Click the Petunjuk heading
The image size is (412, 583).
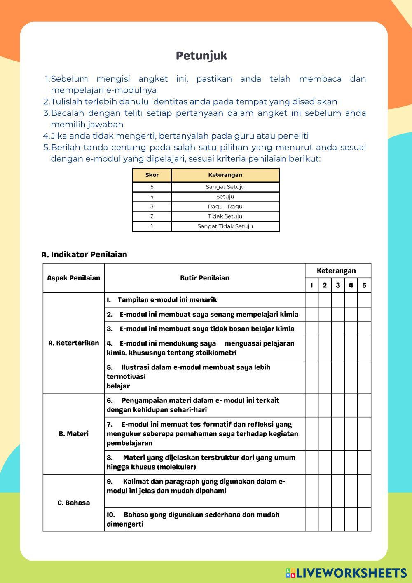201,56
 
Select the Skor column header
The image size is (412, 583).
152,175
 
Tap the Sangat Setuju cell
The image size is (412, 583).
225,187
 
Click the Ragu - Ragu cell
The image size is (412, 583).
225,207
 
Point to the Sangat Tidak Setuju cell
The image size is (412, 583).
225,226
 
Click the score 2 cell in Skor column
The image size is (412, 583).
152,216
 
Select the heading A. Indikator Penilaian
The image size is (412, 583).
84,254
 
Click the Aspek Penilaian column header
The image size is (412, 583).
74,278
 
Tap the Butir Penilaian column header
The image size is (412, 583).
204,278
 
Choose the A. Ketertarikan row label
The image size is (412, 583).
74,343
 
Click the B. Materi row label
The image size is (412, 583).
74,434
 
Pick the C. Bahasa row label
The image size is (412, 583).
74,503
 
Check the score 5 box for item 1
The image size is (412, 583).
364,300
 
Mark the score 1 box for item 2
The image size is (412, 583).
312,314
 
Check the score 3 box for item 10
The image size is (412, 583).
338,519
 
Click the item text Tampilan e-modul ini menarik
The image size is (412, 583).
167,300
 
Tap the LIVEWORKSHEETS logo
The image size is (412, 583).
346,573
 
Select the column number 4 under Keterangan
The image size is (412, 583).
351,285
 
